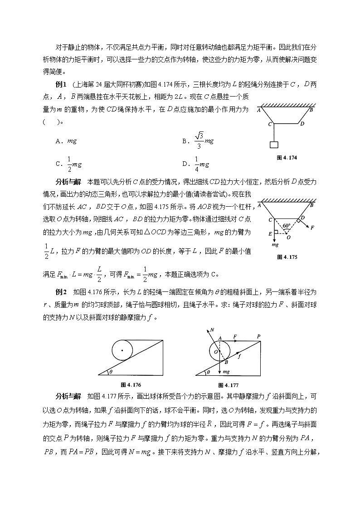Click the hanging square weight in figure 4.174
pyautogui.click(x=273, y=145)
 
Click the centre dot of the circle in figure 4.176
pyautogui.click(x=122, y=350)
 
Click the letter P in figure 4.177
pyautogui.click(x=258, y=336)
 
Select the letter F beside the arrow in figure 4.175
pyautogui.click(x=312, y=228)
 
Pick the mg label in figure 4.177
pyautogui.click(x=226, y=371)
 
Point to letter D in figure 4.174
pyautogui.click(x=302, y=123)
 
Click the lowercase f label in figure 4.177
pyautogui.click(x=239, y=356)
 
